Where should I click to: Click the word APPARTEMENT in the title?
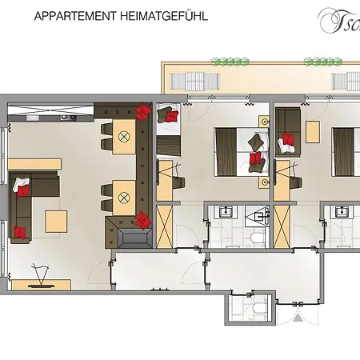[74, 15]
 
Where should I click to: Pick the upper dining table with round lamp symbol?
[124, 137]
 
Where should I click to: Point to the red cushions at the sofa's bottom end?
[20, 232]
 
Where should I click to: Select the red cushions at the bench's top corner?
[143, 110]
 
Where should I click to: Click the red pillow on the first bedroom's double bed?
[255, 158]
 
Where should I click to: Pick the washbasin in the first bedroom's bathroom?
[225, 212]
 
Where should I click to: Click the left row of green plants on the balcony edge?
[227, 61]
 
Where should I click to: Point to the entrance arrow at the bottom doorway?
[298, 317]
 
